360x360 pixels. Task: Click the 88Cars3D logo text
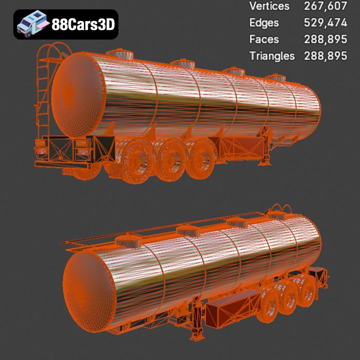point(83,24)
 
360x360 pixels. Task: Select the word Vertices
point(269,6)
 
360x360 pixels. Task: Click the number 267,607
point(325,6)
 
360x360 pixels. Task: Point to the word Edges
point(264,23)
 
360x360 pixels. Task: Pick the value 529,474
point(325,23)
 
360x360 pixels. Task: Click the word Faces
point(264,39)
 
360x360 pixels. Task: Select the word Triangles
point(272,56)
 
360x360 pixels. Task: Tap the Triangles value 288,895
point(325,56)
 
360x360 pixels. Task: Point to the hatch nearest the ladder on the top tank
point(120,54)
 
